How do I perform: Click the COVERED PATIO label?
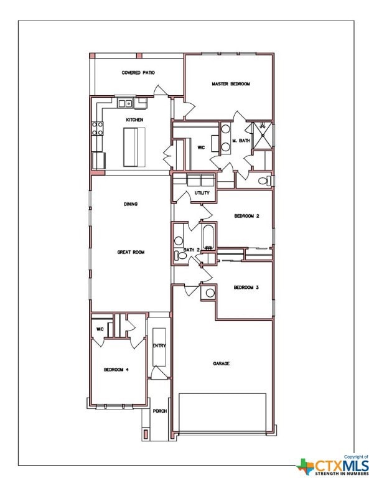pos(138,73)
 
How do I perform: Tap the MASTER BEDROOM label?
pos(230,83)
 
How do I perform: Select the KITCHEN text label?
pos(135,119)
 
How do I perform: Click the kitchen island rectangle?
pos(134,147)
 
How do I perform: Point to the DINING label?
pos(131,204)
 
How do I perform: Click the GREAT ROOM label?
pos(131,252)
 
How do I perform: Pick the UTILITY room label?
pos(202,193)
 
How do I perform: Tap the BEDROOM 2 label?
pos(246,216)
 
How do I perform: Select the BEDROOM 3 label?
pos(246,287)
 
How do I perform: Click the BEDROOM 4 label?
pos(116,369)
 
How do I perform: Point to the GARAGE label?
pos(222,363)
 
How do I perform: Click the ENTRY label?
pos(159,345)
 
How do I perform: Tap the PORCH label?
pos(160,411)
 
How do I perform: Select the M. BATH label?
pos(241,141)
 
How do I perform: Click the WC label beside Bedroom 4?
pos(100,329)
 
